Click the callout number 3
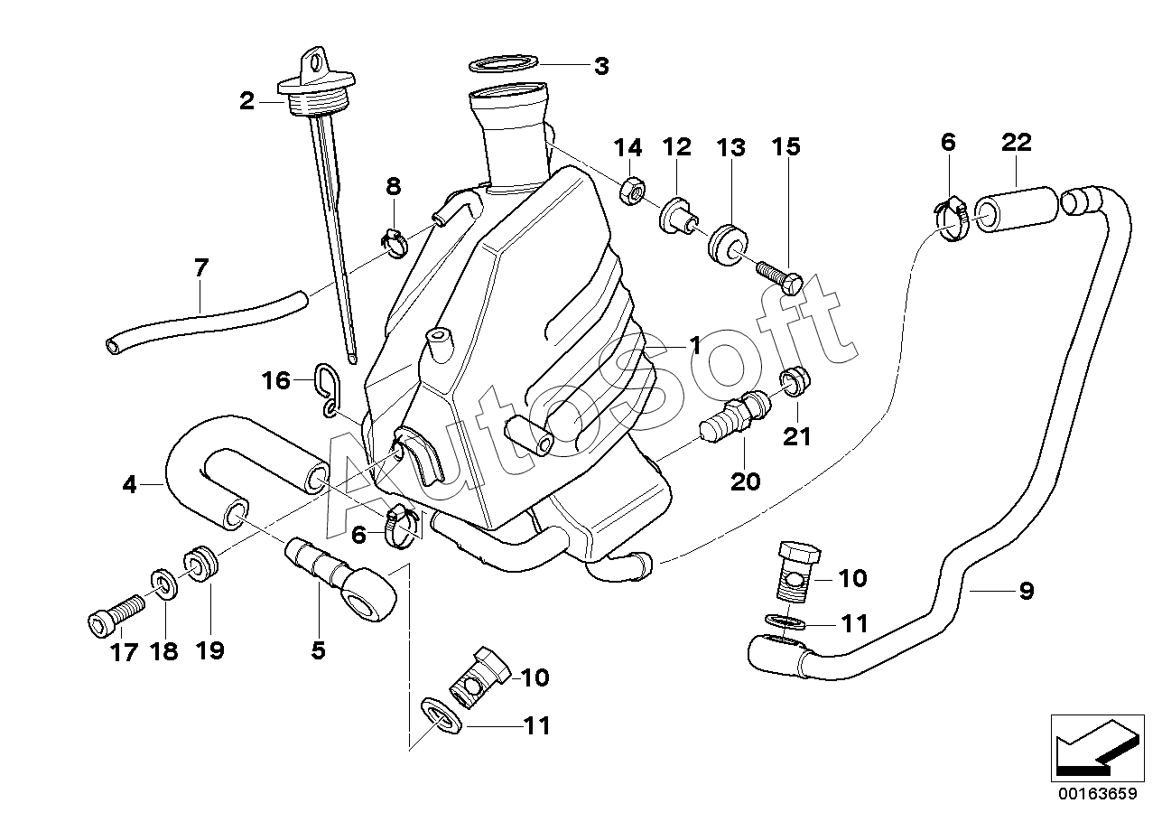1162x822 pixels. pos(600,67)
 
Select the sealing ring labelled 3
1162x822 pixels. pos(504,64)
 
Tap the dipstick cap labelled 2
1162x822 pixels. pos(316,83)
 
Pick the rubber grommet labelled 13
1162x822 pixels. pos(728,245)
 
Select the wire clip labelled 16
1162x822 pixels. pos(328,389)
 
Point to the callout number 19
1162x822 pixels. pos(209,650)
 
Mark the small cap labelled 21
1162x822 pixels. pos(795,381)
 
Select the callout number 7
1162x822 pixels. pos(200,268)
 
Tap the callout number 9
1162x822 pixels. pos(1027,591)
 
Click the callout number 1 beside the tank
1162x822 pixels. pos(694,346)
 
